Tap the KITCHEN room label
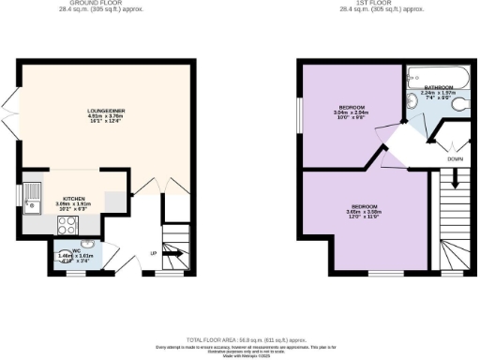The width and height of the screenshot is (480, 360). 75,199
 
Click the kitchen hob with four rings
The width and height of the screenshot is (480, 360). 67,225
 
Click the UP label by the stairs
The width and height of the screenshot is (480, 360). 153,254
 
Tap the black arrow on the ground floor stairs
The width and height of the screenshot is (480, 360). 173,250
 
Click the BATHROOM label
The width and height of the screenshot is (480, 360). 426,86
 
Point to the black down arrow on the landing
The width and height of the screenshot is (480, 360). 452,146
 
